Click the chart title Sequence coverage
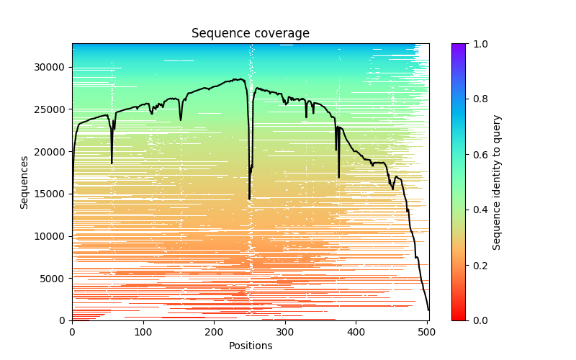click(x=250, y=34)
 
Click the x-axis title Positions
click(x=250, y=346)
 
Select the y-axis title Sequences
click(x=24, y=182)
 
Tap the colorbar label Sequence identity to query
click(x=497, y=182)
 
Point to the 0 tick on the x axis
click(x=72, y=333)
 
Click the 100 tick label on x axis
click(x=143, y=333)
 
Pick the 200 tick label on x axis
click(x=215, y=333)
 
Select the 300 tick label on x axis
click(x=285, y=333)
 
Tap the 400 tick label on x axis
click(x=356, y=333)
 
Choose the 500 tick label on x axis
click(x=427, y=333)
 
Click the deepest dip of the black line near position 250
click(x=249, y=199)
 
